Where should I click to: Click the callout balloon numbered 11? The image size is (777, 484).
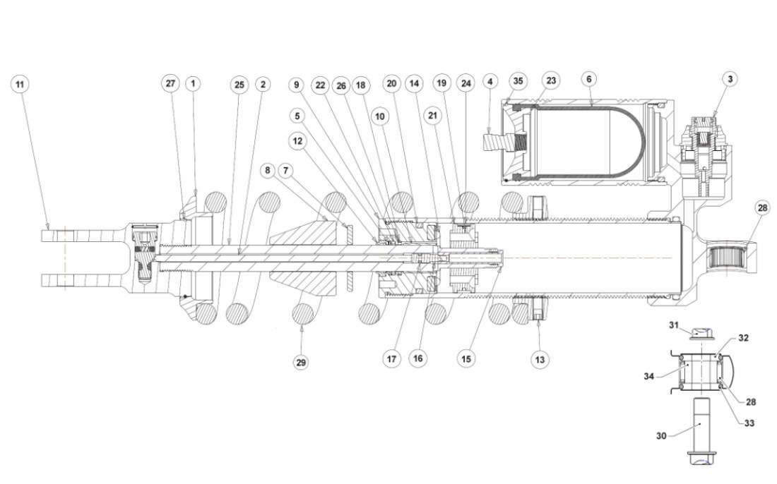pos(20,84)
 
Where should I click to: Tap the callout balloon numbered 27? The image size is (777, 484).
pos(170,83)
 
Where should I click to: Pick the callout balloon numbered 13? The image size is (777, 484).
pos(540,359)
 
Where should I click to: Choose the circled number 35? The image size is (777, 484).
pos(518,81)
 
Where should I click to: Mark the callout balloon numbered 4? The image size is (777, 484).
pos(489,81)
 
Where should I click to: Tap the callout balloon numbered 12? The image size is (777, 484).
pos(297,140)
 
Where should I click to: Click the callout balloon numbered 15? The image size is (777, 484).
pos(465,358)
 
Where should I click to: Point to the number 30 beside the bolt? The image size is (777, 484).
pos(661,436)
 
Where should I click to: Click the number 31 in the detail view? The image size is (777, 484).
pos(674,324)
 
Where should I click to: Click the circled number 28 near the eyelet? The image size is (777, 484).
pos(762,208)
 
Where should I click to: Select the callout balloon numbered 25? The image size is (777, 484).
pos(239,84)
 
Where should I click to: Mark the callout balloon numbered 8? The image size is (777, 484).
pos(266,169)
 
